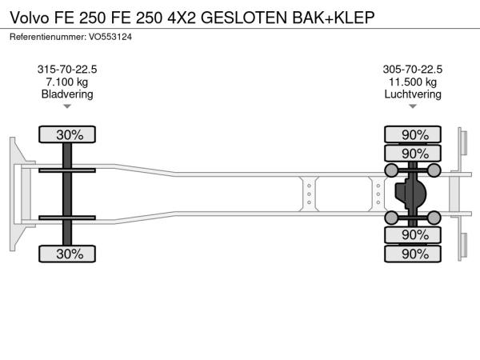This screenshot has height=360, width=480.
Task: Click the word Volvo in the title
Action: click(30, 18)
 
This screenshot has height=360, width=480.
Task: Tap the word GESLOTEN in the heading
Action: click(244, 18)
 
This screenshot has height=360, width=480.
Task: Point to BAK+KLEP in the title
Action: click(334, 18)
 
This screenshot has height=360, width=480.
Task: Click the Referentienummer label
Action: click(48, 37)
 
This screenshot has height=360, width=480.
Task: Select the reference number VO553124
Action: click(110, 37)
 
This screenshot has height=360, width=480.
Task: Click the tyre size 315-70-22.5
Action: click(67, 70)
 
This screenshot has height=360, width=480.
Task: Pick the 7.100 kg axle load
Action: click(67, 82)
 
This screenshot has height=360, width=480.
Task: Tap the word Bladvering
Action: click(67, 94)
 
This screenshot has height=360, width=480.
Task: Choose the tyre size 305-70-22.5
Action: click(413, 70)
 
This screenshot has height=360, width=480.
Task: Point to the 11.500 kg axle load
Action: click(413, 82)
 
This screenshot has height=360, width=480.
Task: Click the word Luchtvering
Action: click(413, 94)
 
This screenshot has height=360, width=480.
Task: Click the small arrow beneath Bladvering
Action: click(67, 106)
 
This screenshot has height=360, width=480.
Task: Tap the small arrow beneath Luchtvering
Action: click(413, 106)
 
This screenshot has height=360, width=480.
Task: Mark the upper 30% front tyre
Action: click(67, 134)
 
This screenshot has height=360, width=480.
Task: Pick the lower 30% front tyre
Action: click(67, 254)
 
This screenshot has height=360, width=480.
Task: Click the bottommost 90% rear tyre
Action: click(413, 254)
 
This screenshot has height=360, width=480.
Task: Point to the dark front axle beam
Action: click(67, 194)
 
